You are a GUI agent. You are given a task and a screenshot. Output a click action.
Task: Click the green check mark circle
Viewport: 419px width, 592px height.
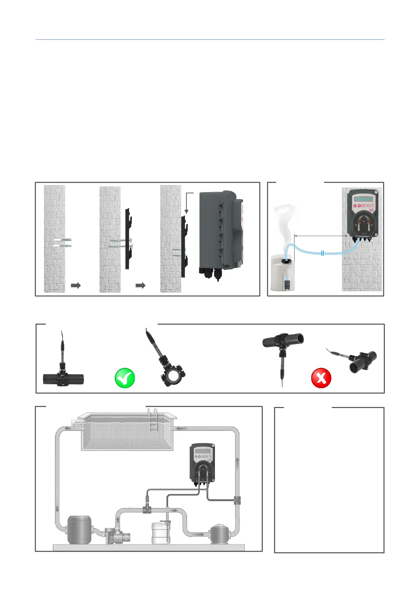coord(125,378)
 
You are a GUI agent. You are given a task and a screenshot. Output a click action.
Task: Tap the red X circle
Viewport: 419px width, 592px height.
coord(321,378)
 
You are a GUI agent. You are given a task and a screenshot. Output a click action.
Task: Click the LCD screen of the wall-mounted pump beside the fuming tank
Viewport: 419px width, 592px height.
coord(363,199)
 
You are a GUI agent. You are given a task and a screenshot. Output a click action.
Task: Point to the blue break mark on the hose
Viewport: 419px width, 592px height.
coord(323,253)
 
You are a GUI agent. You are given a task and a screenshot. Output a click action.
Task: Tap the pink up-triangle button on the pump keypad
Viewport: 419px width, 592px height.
coord(355,206)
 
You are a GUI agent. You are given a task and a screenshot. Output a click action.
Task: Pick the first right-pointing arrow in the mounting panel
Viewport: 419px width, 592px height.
coord(76,285)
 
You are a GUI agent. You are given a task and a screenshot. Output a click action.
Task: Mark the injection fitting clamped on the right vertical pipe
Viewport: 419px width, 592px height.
coord(237,500)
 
